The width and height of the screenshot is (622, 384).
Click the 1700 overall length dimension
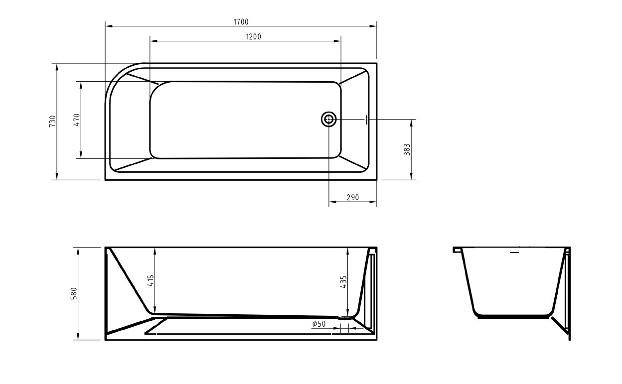tap(240, 21)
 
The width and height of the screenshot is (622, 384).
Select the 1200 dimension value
tap(253, 36)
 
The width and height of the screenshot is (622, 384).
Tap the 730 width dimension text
tap(52, 121)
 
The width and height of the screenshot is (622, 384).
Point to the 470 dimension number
tap(77, 120)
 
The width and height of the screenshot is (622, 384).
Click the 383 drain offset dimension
tap(407, 149)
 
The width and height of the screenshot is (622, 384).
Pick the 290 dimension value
tap(352, 198)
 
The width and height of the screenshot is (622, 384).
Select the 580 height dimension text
tap(74, 293)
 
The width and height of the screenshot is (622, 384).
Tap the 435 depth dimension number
tap(343, 282)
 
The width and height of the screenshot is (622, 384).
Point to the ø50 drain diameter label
tap(319, 324)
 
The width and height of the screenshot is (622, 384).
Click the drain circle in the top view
tap(329, 119)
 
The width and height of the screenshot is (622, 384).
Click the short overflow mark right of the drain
tap(366, 120)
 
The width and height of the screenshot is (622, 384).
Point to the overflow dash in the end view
tap(514, 253)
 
